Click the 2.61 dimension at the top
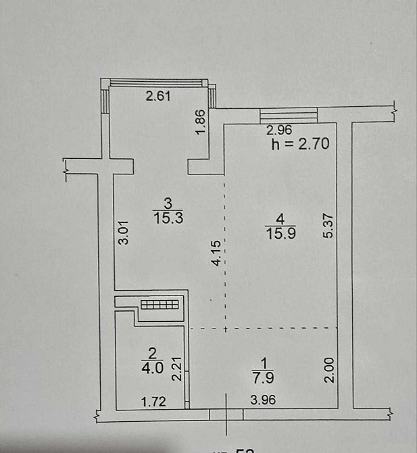(x=159, y=96)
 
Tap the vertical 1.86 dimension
(x=200, y=121)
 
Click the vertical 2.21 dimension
(x=175, y=369)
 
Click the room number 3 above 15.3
(x=169, y=202)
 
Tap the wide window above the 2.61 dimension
(x=160, y=83)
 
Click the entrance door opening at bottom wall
(x=226, y=414)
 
